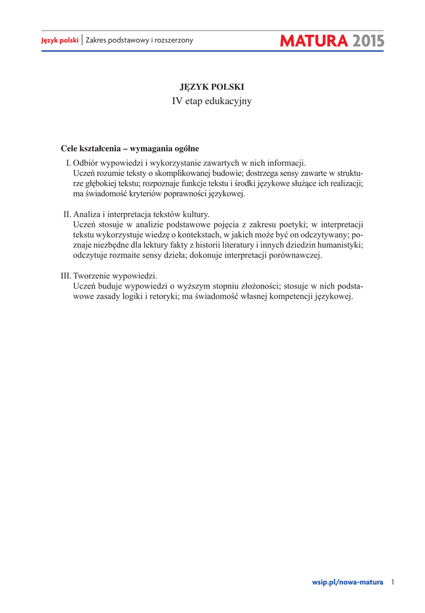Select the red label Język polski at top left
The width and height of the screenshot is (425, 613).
point(60,41)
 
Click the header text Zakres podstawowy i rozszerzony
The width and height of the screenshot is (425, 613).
point(139,41)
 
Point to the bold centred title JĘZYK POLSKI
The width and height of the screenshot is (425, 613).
point(212,87)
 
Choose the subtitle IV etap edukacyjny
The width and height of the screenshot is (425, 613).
point(212,101)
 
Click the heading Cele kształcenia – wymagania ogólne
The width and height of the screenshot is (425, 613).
point(130,148)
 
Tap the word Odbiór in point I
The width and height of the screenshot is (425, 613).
point(87,162)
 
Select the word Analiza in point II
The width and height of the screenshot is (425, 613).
point(88,214)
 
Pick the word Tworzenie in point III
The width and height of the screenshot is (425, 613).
point(94,276)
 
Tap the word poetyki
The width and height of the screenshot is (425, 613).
point(292,224)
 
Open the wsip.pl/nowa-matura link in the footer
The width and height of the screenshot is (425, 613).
point(347,582)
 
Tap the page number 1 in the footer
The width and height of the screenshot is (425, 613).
point(393,582)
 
